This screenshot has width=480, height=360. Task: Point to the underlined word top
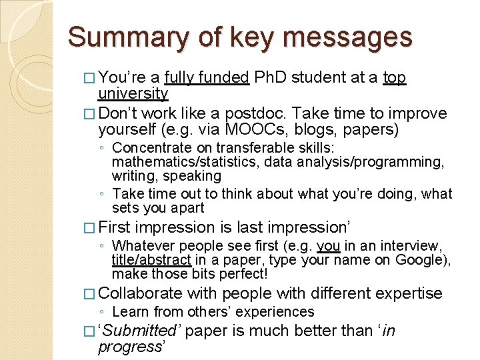coord(395,79)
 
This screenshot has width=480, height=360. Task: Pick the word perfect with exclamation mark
coord(244,274)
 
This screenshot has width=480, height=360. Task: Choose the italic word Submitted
coord(141,331)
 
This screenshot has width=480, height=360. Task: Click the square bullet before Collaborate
coord(91,294)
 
